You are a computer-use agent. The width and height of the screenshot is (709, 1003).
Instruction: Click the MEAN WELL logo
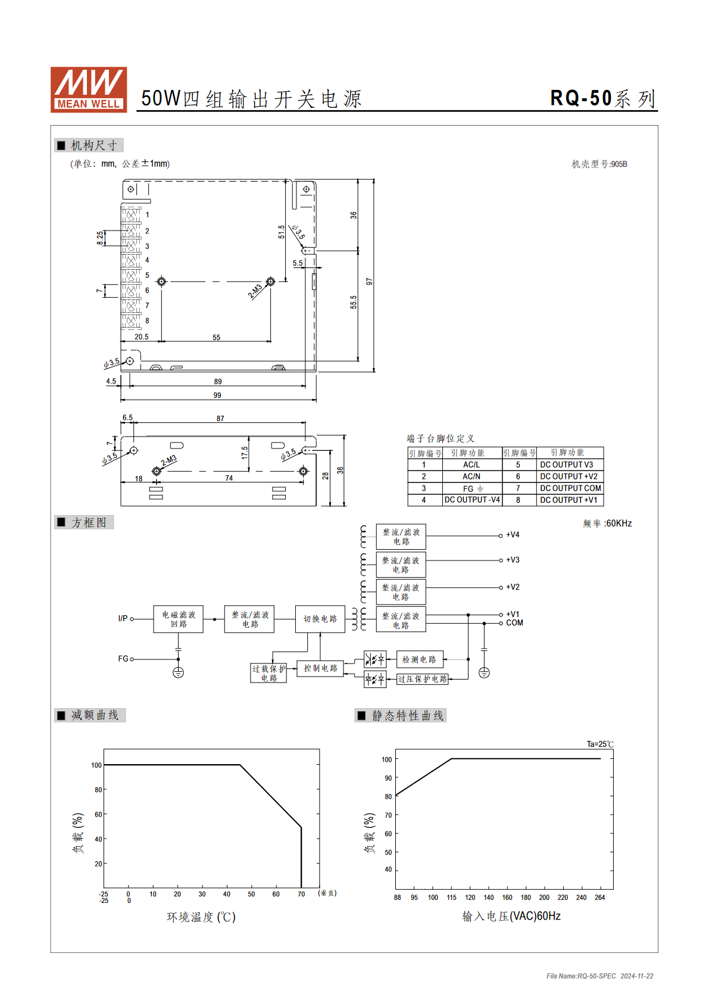click(x=89, y=89)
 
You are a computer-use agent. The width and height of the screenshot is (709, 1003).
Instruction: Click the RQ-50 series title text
click(x=602, y=98)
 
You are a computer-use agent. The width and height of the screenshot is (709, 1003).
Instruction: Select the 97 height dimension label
click(x=369, y=282)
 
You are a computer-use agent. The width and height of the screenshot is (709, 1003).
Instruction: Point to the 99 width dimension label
click(x=217, y=395)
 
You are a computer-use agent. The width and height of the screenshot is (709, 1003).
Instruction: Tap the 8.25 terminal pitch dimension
click(x=100, y=238)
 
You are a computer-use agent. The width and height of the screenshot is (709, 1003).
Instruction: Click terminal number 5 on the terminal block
click(x=147, y=275)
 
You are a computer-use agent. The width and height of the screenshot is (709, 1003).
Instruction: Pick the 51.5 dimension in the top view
click(x=281, y=232)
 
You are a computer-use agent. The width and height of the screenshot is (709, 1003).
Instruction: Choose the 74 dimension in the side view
click(x=229, y=478)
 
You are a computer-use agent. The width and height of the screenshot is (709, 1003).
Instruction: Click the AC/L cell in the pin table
click(x=471, y=465)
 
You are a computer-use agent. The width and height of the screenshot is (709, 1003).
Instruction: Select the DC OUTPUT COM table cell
click(x=570, y=488)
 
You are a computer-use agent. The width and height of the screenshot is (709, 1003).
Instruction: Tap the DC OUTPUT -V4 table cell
click(x=472, y=500)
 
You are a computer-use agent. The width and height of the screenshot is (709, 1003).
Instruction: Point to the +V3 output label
click(x=513, y=560)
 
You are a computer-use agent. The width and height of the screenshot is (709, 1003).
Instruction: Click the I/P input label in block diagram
click(x=123, y=618)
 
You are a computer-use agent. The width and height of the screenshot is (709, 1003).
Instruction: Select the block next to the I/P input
click(x=178, y=619)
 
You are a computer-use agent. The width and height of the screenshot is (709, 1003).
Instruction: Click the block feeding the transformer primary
click(x=320, y=619)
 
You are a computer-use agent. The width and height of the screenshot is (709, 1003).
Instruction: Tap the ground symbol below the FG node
click(x=178, y=672)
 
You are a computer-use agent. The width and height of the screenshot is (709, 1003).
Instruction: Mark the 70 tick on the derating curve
click(x=301, y=894)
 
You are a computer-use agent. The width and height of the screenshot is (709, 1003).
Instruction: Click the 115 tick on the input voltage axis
click(x=451, y=898)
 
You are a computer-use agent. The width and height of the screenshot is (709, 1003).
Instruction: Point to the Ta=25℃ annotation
click(x=600, y=744)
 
